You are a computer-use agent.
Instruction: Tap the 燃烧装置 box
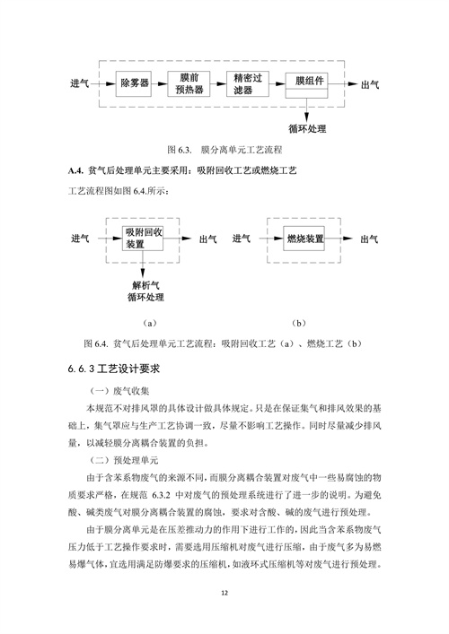[305, 239]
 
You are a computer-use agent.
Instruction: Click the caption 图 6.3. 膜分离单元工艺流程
[224, 148]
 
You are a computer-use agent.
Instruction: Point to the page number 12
[224, 593]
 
